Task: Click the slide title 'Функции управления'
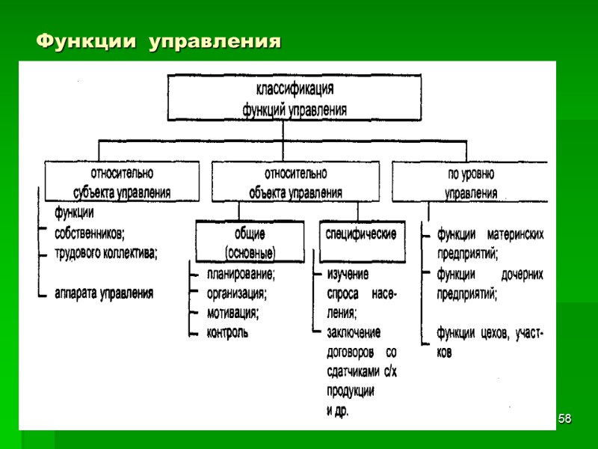coord(159,40)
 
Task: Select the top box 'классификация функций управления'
coord(295,97)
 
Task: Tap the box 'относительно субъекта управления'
coord(122,181)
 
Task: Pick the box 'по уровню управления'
coord(470,181)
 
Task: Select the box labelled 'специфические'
coord(361,234)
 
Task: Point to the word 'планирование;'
coord(241,274)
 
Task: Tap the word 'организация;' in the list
coord(237,293)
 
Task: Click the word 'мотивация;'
coord(232,312)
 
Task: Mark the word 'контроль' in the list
coord(228,332)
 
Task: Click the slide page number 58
coord(566,418)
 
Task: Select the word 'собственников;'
coord(90,232)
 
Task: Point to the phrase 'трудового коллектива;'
coord(106,252)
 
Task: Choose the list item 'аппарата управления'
coord(104,293)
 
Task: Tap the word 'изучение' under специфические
coord(349,274)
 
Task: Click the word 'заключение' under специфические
coord(354,332)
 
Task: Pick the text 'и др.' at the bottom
coord(338,411)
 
